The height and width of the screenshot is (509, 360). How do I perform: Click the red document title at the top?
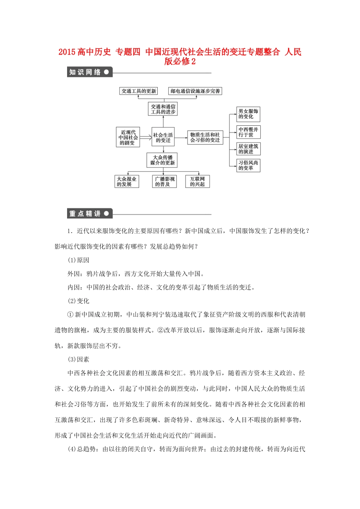pyautogui.click(x=180, y=56)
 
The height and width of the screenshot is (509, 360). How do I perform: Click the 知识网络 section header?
pyautogui.click(x=89, y=72)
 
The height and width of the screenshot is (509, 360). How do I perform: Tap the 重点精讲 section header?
pyautogui.click(x=89, y=214)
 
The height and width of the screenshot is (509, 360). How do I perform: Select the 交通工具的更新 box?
pyautogui.click(x=139, y=91)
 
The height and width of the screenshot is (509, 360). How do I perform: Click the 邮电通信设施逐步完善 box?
pyautogui.click(x=195, y=91)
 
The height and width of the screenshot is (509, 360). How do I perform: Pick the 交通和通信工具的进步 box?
pyautogui.click(x=163, y=109)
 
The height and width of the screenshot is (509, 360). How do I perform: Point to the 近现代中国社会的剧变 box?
pyautogui.click(x=128, y=137)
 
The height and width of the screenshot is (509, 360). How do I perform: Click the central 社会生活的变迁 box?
pyautogui.click(x=163, y=137)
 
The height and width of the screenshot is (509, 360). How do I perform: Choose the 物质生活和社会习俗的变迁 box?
pyautogui.click(x=205, y=137)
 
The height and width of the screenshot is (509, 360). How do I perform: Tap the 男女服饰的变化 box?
pyautogui.click(x=248, y=114)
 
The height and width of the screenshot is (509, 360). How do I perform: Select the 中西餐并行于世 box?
pyautogui.click(x=248, y=132)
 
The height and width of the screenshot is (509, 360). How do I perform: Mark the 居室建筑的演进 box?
pyautogui.click(x=248, y=149)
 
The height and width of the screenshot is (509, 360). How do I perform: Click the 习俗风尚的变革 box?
pyautogui.click(x=248, y=165)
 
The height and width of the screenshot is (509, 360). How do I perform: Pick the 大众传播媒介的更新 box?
pyautogui.click(x=163, y=160)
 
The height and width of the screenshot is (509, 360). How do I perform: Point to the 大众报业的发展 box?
pyautogui.click(x=127, y=181)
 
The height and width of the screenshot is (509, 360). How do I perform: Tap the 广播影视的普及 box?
pyautogui.click(x=165, y=181)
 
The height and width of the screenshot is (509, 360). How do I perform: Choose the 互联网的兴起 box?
pyautogui.click(x=197, y=181)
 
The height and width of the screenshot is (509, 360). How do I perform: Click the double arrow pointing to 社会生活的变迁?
pyautogui.click(x=146, y=137)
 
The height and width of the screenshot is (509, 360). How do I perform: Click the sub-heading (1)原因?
pyautogui.click(x=78, y=260)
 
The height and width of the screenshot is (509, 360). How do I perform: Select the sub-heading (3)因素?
pyautogui.click(x=78, y=359)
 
